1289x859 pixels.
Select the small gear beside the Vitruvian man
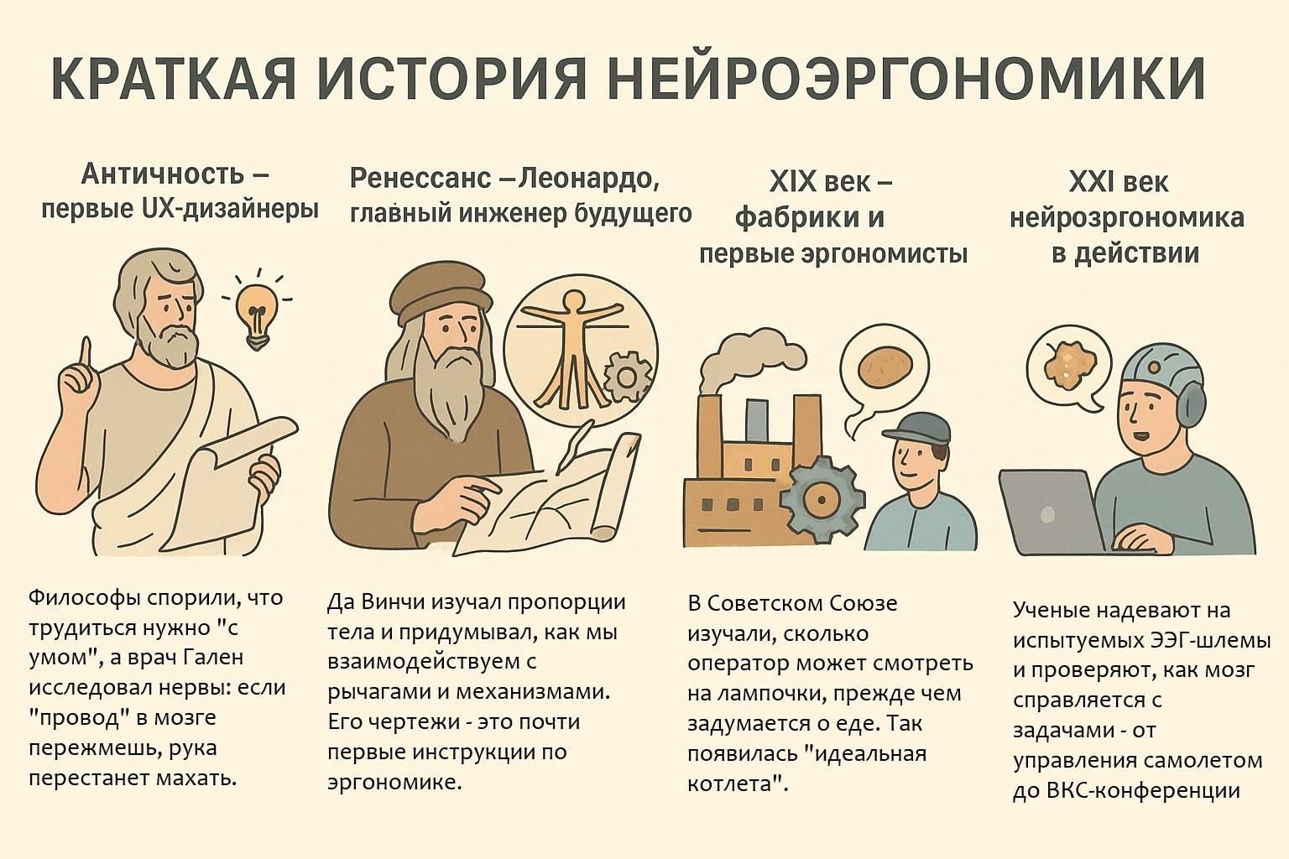(627, 377)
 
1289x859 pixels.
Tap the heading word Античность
(163, 174)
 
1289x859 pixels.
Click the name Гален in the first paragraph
(213, 658)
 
